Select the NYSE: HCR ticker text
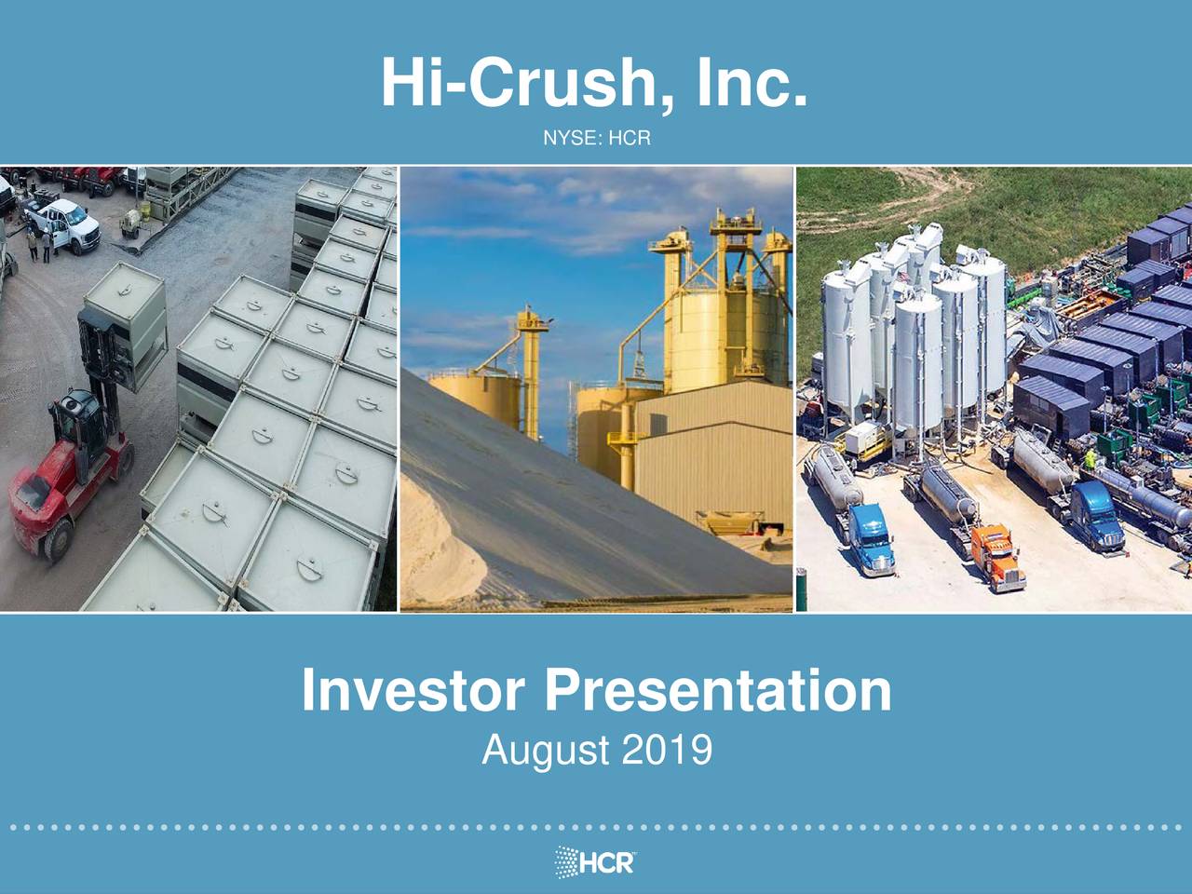pyautogui.click(x=596, y=140)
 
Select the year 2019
pyautogui.click(x=667, y=750)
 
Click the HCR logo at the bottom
pyautogui.click(x=596, y=861)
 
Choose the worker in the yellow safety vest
pyautogui.click(x=1090, y=459)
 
